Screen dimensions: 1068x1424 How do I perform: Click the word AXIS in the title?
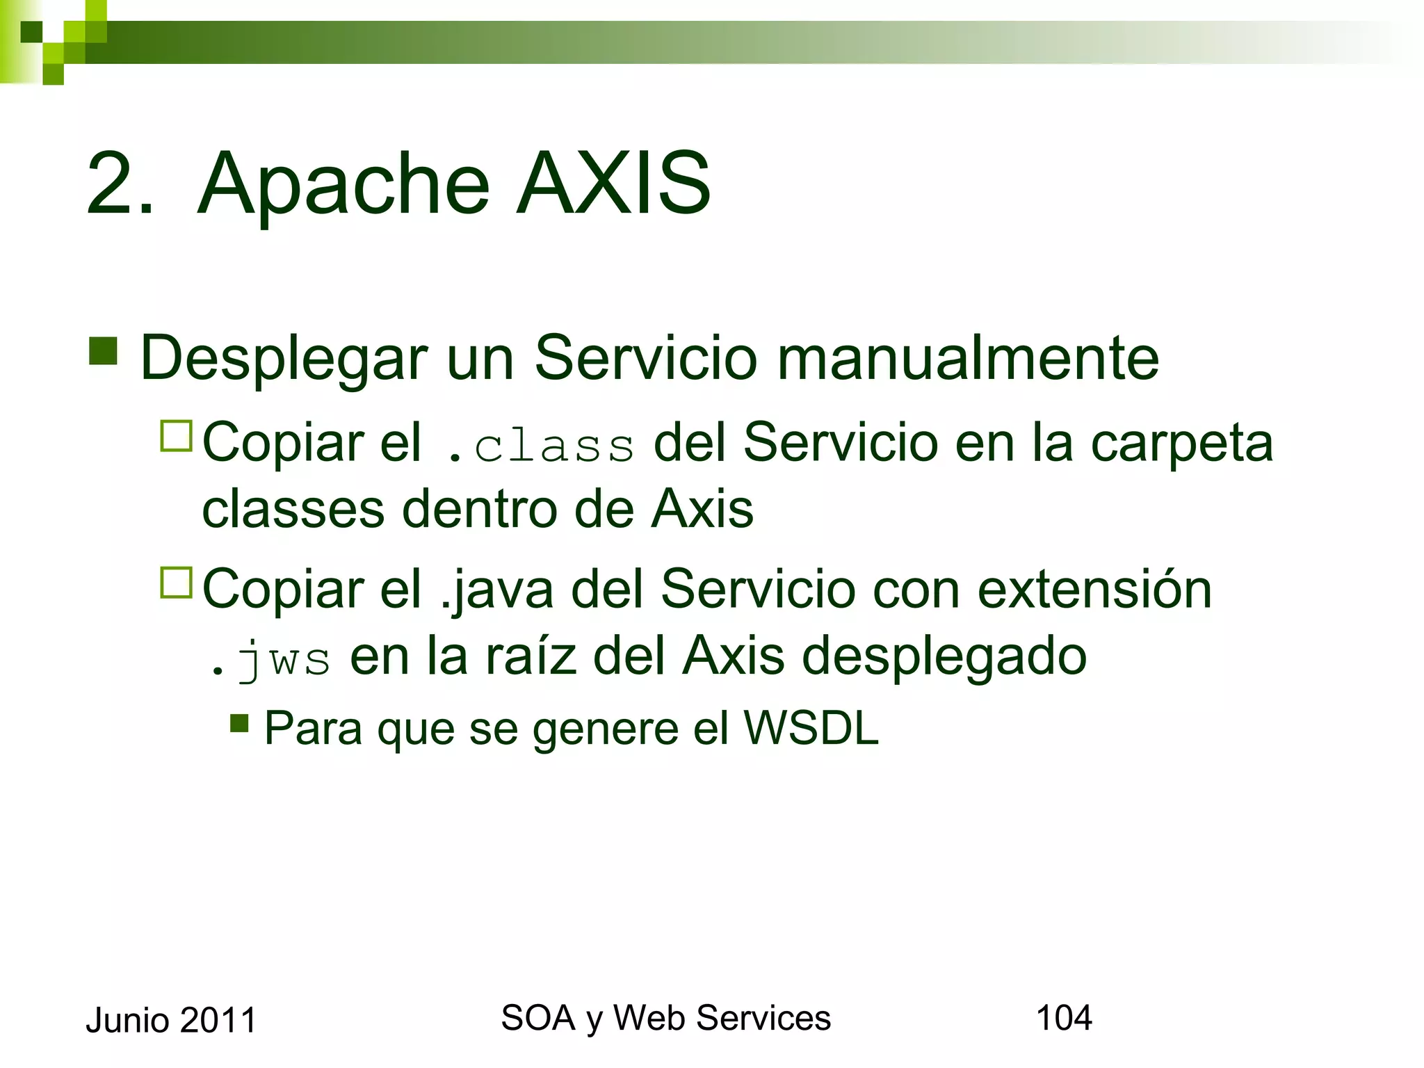(613, 184)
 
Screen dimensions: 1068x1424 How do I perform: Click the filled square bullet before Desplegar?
(103, 351)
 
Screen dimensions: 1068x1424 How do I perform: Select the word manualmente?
(967, 358)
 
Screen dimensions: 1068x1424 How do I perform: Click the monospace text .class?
(540, 446)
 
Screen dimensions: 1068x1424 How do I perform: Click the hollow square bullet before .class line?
(176, 437)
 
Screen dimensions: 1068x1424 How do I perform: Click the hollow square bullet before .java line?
(176, 583)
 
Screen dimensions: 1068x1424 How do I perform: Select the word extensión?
(1094, 590)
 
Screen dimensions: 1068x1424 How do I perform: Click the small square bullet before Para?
(239, 723)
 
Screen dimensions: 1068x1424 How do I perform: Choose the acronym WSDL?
(811, 729)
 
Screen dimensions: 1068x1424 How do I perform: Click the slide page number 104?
(1064, 1018)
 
